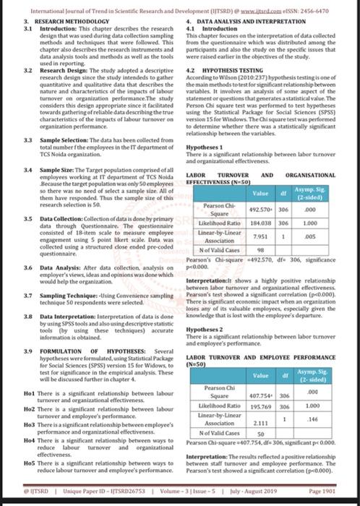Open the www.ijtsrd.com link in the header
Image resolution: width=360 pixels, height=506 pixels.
point(257,8)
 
